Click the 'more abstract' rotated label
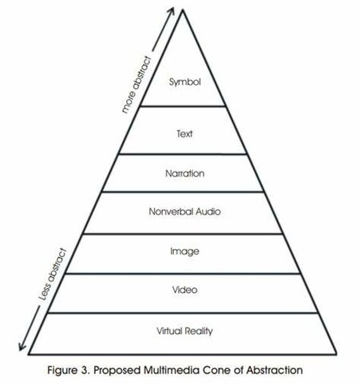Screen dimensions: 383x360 pyautogui.click(x=137, y=84)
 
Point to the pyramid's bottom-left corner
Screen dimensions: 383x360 pyautogui.click(x=28, y=353)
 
